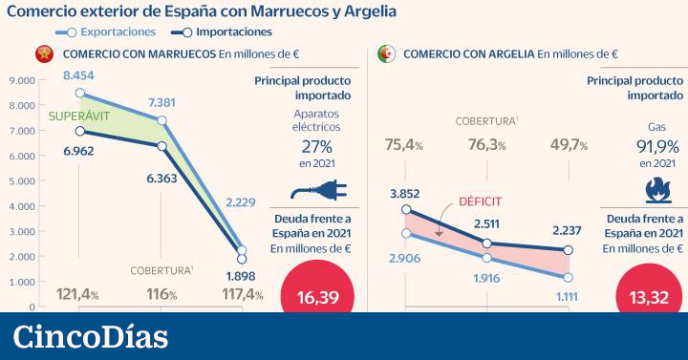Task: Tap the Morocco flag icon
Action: click(43, 54)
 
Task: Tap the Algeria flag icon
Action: click(388, 54)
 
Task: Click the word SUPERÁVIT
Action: click(68, 116)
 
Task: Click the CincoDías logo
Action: click(91, 336)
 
